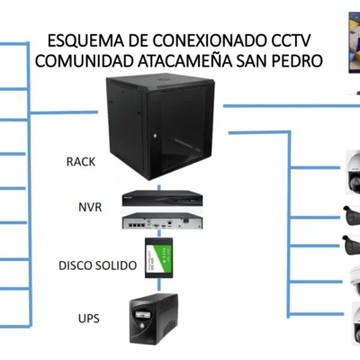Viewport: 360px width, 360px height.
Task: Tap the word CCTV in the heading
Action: pos(298,41)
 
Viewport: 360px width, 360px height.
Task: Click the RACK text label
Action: pos(82,162)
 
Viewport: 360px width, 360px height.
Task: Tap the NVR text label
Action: pos(90,207)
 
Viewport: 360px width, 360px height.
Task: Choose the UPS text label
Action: pos(89,318)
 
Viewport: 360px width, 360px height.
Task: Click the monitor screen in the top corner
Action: pos(353,40)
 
